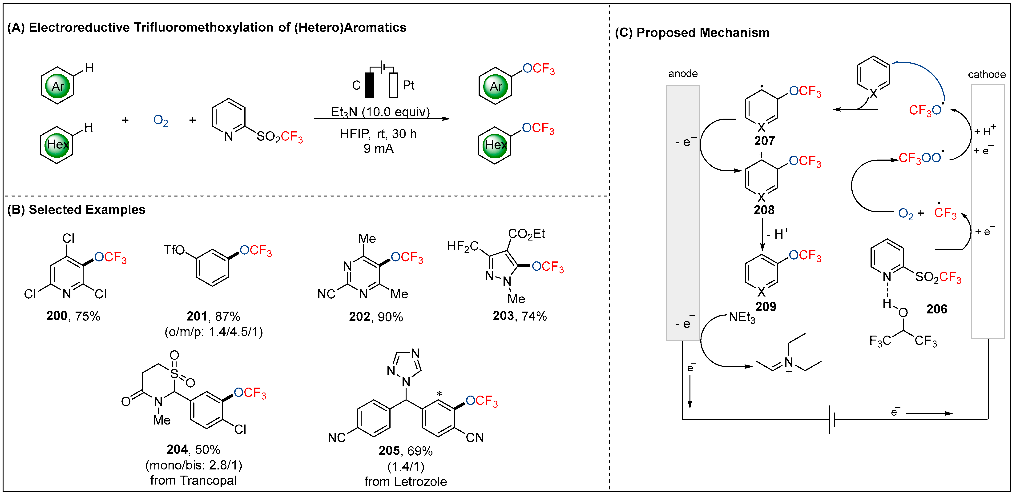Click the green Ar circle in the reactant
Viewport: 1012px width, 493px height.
(58, 86)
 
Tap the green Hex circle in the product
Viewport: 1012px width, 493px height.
(495, 145)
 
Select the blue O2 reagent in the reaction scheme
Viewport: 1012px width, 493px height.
(160, 120)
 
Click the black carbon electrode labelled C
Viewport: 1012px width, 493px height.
(369, 85)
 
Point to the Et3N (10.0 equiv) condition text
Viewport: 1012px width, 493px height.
(380, 112)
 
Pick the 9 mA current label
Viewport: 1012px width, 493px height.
(378, 148)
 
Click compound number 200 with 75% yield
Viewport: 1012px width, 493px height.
(73, 316)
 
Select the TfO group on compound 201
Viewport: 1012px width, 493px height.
(174, 250)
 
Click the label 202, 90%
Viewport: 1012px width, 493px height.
(375, 317)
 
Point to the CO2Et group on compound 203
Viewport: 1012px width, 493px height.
(526, 234)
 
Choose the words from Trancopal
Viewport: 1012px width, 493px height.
(193, 481)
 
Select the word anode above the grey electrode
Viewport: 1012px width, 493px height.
(683, 73)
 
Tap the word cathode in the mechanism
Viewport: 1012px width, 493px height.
(987, 74)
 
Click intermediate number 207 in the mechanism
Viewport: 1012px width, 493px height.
(764, 141)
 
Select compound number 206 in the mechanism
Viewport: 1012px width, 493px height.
(937, 309)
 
